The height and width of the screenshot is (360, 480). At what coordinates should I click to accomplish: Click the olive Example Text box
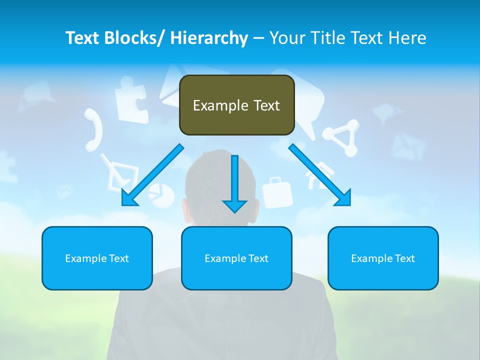click(x=236, y=105)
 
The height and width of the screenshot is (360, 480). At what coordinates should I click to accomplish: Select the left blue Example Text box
click(x=97, y=258)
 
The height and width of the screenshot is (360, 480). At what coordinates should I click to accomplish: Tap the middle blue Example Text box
click(x=236, y=258)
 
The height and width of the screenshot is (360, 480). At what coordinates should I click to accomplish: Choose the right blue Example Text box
click(x=383, y=258)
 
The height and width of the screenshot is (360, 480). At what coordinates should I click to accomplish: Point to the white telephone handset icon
click(x=93, y=129)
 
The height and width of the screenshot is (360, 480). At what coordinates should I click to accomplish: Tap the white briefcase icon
click(x=277, y=192)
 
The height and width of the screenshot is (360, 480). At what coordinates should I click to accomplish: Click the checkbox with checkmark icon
click(x=120, y=172)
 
